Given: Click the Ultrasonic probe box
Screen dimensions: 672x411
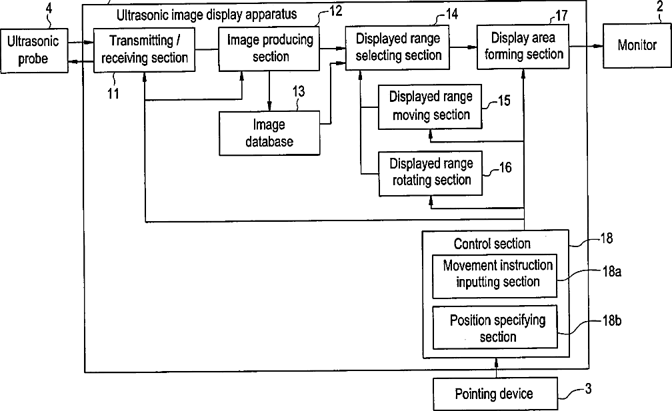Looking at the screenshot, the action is (x=34, y=51).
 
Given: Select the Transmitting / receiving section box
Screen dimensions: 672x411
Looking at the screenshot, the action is (x=145, y=50).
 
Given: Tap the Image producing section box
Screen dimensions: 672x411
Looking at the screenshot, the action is (x=269, y=49).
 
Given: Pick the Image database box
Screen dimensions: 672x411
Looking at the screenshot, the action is (x=269, y=133).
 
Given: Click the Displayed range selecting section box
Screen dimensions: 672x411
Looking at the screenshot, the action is (x=398, y=47).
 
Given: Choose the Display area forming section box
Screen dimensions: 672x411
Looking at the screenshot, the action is (x=523, y=47).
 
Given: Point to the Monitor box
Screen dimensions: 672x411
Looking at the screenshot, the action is (x=637, y=45).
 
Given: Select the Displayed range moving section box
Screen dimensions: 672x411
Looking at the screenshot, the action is (x=430, y=107).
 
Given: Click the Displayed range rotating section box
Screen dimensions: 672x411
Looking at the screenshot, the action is (x=431, y=173).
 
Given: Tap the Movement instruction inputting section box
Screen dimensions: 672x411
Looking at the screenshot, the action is (x=495, y=276).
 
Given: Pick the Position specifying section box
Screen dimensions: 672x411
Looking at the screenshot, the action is (x=495, y=327).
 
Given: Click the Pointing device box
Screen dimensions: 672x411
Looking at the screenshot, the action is (x=495, y=394).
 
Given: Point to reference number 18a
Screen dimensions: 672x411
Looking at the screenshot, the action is (x=611, y=271).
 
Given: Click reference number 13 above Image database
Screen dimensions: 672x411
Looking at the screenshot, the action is (x=299, y=91).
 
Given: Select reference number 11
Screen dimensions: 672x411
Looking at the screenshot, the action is (x=113, y=93).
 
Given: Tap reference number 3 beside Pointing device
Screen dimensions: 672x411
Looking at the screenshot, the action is (x=589, y=388).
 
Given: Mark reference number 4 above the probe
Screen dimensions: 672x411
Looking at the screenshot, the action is (x=49, y=9).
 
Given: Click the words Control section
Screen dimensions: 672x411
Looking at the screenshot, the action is (x=492, y=244).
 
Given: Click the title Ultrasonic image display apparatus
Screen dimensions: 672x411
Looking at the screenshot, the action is (x=207, y=15).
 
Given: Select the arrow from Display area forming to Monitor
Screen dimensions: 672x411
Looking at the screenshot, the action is (x=586, y=46).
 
